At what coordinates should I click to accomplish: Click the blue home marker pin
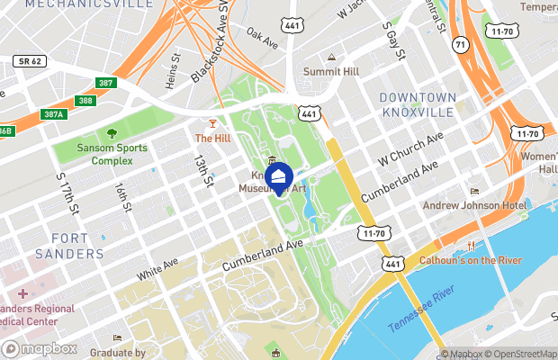(280, 177)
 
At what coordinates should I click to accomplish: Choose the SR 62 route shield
(31, 61)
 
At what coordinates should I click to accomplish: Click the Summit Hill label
(332, 71)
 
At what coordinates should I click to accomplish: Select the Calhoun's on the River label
(472, 261)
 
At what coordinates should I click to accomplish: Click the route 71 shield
(460, 42)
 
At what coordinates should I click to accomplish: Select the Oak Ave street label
(263, 37)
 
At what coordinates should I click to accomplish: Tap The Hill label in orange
(213, 138)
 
